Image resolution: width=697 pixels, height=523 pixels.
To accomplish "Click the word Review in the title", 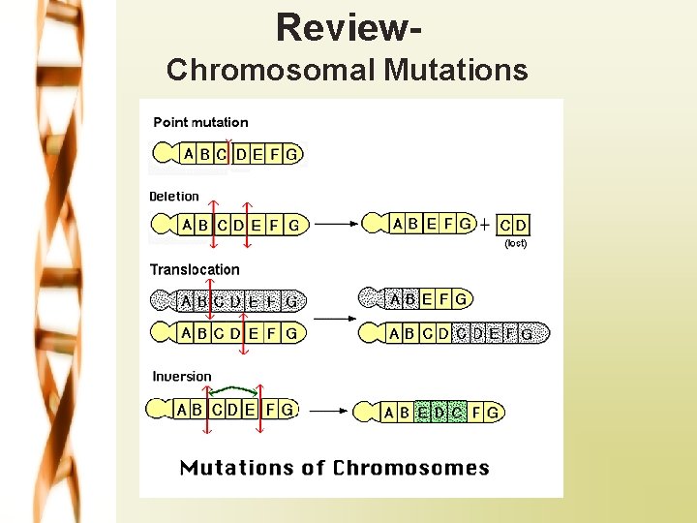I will click(339, 27).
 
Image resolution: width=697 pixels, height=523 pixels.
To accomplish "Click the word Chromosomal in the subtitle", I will click(270, 70).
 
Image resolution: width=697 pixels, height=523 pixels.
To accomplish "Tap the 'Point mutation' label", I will click(200, 122).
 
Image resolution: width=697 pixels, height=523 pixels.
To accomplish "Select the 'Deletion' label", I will click(174, 196).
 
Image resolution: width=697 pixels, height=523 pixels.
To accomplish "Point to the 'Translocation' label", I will click(195, 269).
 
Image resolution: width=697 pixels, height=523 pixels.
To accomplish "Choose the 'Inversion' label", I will click(182, 376).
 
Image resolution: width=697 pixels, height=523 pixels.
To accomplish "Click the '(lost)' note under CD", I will click(515, 243).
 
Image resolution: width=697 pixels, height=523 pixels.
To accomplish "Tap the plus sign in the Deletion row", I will click(484, 225).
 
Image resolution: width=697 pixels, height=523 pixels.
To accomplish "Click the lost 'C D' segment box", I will click(513, 225).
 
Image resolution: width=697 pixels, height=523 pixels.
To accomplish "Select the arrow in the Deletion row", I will click(337, 225).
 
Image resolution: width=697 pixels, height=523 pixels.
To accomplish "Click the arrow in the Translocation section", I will click(335, 318).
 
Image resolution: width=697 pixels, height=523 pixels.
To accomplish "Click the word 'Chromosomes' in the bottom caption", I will click(411, 469).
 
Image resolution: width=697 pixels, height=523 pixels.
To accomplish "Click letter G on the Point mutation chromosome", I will click(291, 153).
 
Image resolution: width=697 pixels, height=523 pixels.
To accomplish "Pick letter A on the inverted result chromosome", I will click(389, 413).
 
